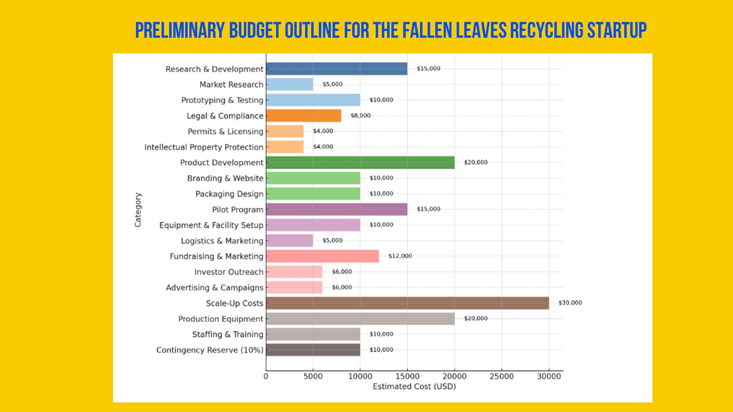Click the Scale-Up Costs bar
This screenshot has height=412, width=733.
pos(407,303)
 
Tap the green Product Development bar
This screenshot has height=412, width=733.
pos(360,163)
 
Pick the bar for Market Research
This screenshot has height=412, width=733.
pos(289,84)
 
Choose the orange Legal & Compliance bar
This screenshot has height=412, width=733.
pos(304,116)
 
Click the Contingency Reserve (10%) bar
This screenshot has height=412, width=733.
pos(313,350)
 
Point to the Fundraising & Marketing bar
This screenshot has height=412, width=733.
pos(323,256)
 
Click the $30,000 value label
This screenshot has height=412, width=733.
pos(570,303)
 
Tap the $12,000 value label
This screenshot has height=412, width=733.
pos(400,256)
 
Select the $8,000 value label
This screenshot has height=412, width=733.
pos(360,116)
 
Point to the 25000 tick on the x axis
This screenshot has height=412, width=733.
pos(502,377)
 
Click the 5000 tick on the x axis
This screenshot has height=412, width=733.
pos(313,377)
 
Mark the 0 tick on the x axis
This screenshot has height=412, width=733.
pos(266,377)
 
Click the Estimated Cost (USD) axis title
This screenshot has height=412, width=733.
pos(414,386)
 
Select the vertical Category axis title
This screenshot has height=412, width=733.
pos(138,210)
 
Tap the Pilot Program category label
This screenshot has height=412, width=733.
pos(237,210)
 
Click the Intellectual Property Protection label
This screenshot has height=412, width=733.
pos(204,147)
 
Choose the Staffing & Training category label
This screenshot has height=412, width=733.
pos(228,335)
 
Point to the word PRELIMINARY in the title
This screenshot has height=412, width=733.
pos(180,31)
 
